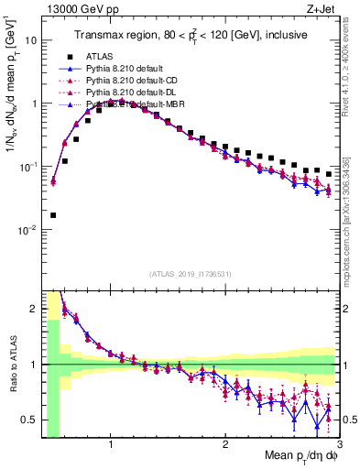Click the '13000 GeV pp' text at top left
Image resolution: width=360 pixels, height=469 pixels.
tap(77, 9)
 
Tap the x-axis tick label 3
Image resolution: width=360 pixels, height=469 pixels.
tap(338, 445)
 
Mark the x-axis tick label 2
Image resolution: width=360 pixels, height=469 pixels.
tap(225, 445)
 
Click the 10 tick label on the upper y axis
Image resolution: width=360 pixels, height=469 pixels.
tap(29, 40)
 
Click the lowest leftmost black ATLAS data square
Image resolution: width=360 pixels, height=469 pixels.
tap(52, 215)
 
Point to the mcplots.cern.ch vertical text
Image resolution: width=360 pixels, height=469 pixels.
tap(353, 220)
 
